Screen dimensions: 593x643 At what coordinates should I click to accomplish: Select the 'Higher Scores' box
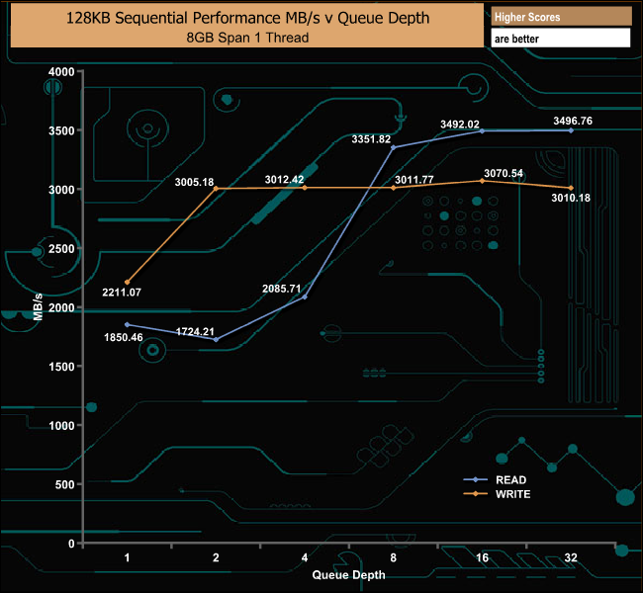(560, 17)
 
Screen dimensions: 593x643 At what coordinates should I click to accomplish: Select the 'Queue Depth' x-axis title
(349, 574)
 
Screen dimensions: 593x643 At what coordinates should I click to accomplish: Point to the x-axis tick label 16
(482, 557)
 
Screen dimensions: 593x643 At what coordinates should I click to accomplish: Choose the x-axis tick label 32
(571, 557)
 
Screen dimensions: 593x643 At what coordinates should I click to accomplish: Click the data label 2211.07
(122, 293)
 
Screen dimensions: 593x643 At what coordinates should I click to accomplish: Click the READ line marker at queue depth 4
(305, 296)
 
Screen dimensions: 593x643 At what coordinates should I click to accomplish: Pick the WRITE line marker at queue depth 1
(128, 282)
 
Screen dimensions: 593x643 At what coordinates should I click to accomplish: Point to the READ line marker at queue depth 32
(571, 130)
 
